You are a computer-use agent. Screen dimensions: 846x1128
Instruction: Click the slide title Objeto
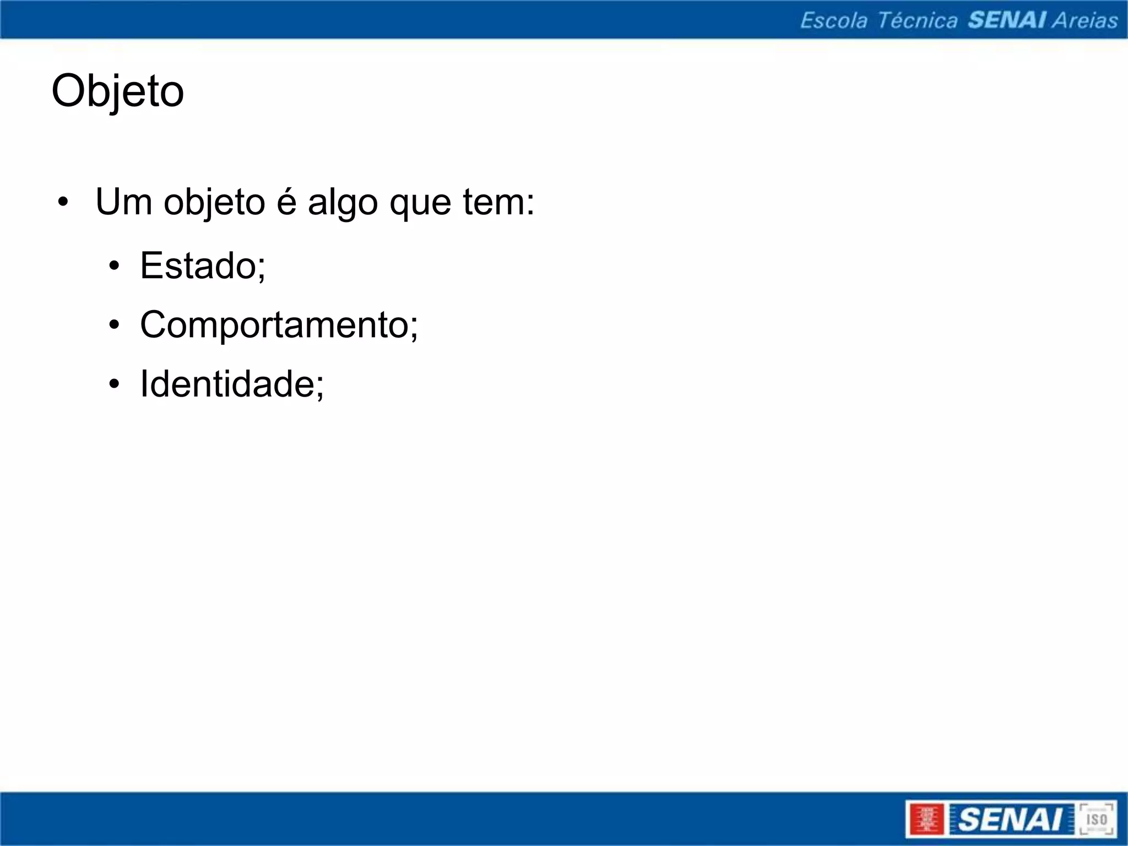pos(117,91)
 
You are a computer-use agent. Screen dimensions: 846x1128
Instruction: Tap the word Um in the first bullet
pos(124,202)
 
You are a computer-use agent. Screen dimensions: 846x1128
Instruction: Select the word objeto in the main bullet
pos(214,203)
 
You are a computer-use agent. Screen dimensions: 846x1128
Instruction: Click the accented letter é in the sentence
pos(286,202)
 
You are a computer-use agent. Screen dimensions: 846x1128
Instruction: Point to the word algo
pos(343,203)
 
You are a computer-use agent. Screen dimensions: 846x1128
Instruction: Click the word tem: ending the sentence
pos(498,202)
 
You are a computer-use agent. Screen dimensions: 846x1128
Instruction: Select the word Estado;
pos(203,266)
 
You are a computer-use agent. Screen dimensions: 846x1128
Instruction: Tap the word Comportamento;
pos(279,325)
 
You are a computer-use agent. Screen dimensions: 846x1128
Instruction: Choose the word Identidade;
pos(232,384)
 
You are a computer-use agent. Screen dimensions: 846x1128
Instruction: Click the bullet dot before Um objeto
pos(63,203)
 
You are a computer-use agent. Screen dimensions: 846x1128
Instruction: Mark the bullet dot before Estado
pos(114,267)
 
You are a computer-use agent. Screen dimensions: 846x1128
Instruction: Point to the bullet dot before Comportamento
pos(114,326)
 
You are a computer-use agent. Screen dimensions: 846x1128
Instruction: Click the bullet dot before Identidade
pos(114,384)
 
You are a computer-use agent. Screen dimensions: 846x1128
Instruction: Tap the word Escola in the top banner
pos(833,20)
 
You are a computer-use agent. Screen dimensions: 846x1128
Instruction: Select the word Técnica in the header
pos(917,20)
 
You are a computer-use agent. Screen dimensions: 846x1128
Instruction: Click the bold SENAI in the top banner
pos(1007,20)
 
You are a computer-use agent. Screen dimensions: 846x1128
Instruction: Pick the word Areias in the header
pos(1085,20)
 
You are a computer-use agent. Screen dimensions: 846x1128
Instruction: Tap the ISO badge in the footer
pos(1096,819)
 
